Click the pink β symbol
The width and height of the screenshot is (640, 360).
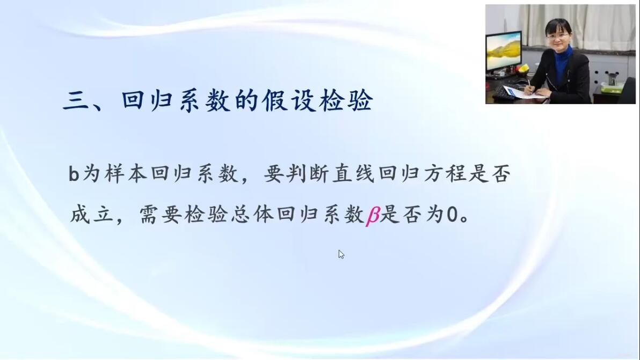(373, 215)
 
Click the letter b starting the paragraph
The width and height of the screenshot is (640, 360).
(74, 174)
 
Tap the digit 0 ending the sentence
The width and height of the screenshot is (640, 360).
(452, 215)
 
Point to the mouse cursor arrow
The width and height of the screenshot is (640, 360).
(341, 254)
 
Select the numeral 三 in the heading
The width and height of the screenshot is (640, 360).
(76, 101)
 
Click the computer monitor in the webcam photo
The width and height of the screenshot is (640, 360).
(504, 53)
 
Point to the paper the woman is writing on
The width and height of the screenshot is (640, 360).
(520, 92)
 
